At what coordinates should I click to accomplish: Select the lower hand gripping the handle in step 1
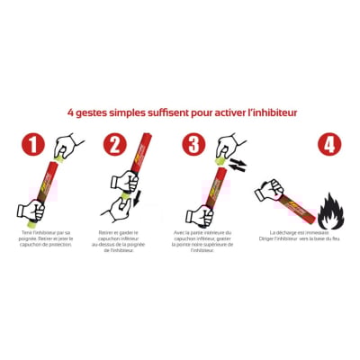30,211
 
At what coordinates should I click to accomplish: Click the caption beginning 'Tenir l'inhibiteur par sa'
45,238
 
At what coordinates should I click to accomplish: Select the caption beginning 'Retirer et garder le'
125,242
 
